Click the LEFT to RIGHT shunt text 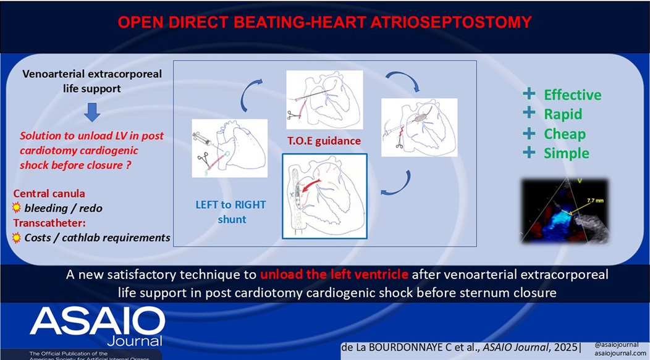pyautogui.click(x=224, y=212)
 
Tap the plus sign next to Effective pyautogui.click(x=529, y=94)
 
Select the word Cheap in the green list pyautogui.click(x=565, y=134)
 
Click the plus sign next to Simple pyautogui.click(x=529, y=153)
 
